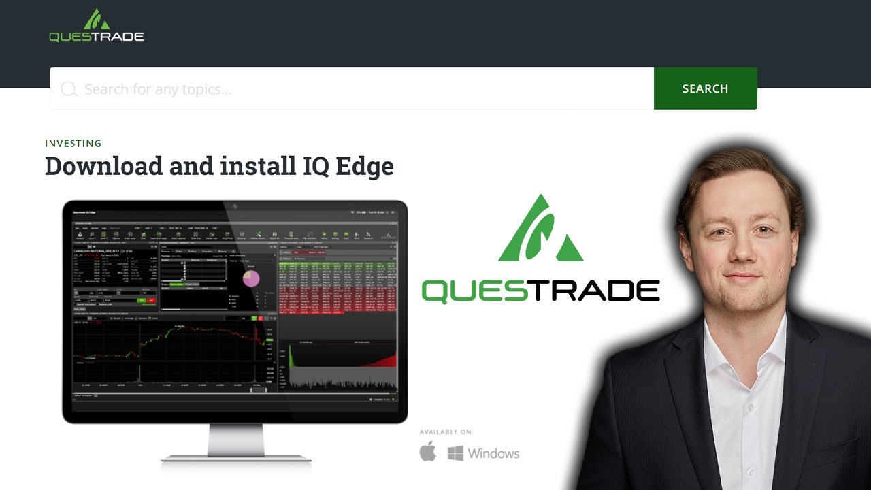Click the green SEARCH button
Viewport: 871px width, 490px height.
point(705,88)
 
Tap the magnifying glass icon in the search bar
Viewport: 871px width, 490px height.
point(69,89)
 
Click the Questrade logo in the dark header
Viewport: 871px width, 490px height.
point(97,27)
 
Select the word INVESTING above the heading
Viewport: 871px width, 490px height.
point(73,144)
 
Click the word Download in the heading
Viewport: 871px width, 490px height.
point(104,166)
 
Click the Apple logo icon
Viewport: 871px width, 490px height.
point(428,452)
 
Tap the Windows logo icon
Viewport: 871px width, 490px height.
point(455,453)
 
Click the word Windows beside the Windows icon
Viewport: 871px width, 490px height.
point(493,453)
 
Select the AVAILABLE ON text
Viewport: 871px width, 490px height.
point(445,432)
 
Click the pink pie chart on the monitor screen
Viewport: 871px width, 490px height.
point(251,278)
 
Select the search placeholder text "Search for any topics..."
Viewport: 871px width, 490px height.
point(158,89)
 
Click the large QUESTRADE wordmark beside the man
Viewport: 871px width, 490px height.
point(541,291)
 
